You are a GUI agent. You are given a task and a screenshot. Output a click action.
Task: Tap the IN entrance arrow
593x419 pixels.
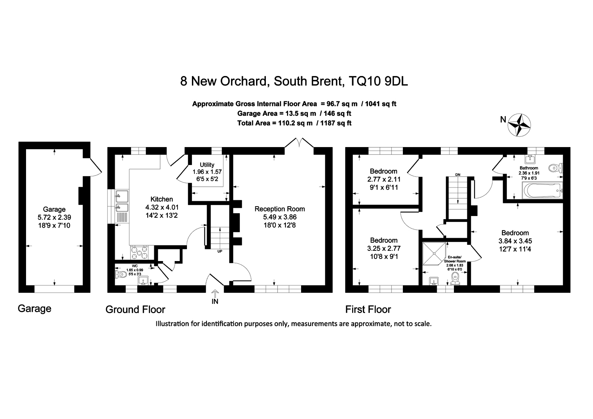click(x=215, y=293)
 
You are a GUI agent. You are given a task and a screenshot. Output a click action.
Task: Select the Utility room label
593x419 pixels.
click(x=207, y=165)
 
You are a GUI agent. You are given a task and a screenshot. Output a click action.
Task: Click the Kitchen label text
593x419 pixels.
click(x=162, y=199)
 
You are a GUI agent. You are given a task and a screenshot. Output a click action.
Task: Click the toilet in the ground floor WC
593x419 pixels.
click(x=121, y=274)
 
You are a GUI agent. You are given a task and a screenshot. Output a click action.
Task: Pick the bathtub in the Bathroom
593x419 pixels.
click(x=543, y=191)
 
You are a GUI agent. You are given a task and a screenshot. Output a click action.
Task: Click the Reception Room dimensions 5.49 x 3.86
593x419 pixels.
click(x=280, y=217)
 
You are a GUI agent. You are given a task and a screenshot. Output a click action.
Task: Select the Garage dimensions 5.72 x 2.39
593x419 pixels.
click(x=54, y=217)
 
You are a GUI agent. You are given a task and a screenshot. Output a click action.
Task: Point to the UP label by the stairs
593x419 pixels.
click(x=220, y=251)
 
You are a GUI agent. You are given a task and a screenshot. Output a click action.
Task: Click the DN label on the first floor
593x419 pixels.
click(x=458, y=174)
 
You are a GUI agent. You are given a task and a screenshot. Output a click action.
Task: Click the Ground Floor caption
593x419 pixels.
click(x=135, y=310)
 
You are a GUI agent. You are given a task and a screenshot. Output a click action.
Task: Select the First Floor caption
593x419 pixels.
click(x=368, y=310)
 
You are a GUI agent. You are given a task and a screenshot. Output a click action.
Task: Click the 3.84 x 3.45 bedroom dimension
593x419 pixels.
click(x=515, y=241)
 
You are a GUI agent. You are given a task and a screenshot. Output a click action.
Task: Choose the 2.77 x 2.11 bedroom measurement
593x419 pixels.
click(x=383, y=179)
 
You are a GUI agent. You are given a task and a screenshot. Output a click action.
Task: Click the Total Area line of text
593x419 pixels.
click(x=294, y=123)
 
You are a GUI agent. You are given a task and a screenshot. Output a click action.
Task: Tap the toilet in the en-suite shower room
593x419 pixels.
click(x=456, y=278)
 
